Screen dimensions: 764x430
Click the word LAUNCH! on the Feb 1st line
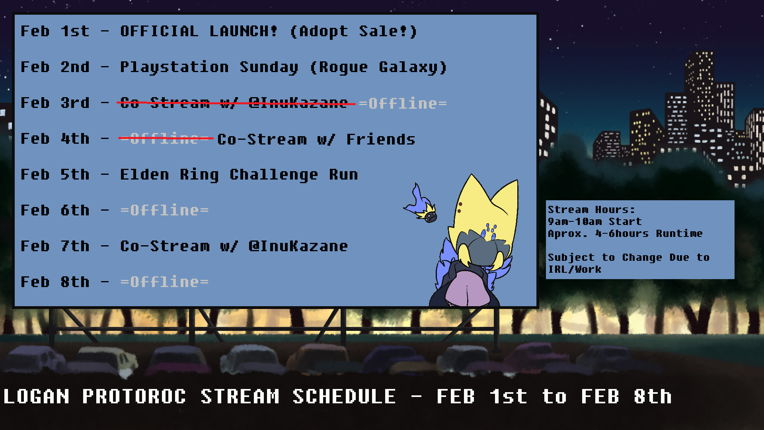(x=243, y=31)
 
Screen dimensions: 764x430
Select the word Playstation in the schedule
(x=174, y=67)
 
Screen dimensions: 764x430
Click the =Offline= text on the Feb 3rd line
(x=403, y=104)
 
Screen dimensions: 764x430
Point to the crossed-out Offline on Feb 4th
(x=165, y=139)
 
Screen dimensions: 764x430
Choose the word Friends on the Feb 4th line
(x=380, y=139)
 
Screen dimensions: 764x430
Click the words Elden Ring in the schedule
(x=169, y=175)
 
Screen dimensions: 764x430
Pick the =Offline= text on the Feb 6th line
(x=164, y=210)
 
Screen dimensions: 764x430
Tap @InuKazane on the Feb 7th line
(x=298, y=246)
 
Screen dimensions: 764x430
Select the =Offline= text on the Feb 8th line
(x=164, y=282)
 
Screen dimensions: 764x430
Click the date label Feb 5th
(x=55, y=174)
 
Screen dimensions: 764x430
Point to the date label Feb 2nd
(x=55, y=67)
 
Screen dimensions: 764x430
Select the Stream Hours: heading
(x=591, y=209)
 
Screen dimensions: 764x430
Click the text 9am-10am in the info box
(x=575, y=221)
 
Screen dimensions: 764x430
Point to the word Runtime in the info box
(x=679, y=233)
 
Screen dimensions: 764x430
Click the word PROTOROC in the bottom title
(x=134, y=397)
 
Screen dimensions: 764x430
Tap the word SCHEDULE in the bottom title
(x=344, y=397)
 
